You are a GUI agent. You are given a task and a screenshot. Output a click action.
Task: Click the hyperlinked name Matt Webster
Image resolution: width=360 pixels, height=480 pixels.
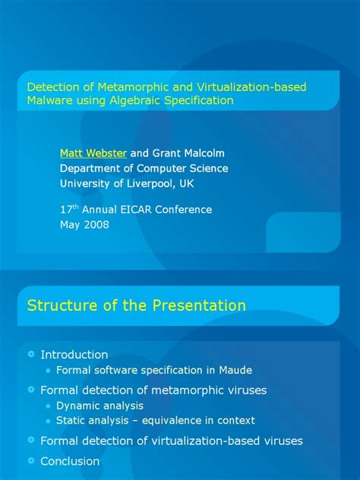tap(93, 153)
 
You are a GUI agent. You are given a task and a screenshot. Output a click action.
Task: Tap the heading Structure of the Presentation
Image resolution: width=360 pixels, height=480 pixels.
tap(137, 306)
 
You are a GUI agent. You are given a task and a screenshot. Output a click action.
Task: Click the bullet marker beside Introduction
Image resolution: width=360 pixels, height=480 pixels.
tap(30, 354)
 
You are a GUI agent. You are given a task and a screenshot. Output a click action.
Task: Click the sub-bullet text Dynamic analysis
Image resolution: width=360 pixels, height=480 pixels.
tap(99, 406)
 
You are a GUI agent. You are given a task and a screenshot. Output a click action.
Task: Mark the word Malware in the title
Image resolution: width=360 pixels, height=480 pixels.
tap(48, 99)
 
